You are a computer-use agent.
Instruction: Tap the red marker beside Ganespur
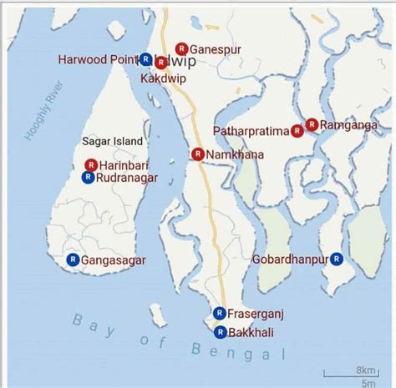click(182, 49)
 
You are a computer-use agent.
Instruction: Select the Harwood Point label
click(97, 59)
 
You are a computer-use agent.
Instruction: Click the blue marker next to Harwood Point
click(145, 59)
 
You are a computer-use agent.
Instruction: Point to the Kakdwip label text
click(164, 78)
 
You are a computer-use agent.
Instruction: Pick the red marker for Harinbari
click(90, 165)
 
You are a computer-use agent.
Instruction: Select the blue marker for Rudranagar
click(87, 177)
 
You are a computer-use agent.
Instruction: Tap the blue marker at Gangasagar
click(73, 260)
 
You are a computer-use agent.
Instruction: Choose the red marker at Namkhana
click(197, 154)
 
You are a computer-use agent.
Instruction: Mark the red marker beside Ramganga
click(311, 124)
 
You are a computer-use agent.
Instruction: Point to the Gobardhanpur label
click(288, 260)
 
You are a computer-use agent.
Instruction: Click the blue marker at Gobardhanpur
click(336, 259)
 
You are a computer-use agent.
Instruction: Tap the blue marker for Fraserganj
click(219, 313)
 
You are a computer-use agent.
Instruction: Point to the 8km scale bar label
click(365, 370)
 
